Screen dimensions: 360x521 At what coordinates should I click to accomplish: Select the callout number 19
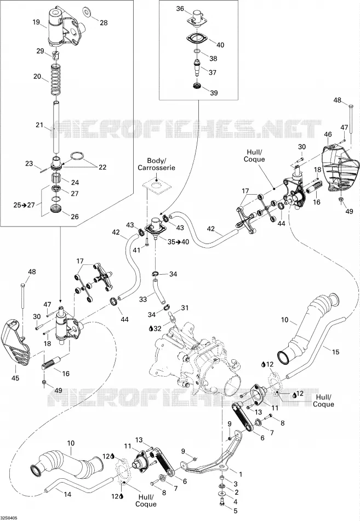36,22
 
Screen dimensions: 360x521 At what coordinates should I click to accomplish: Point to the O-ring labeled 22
77,156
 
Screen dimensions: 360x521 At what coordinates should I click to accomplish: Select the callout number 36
180,9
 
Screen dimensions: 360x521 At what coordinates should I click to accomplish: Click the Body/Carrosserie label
156,164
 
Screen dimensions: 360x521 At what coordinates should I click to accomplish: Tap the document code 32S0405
9,518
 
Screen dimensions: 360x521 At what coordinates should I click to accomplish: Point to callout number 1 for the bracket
241,474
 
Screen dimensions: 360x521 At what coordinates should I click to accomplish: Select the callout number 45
15,378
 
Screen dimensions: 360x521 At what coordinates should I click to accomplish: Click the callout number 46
328,134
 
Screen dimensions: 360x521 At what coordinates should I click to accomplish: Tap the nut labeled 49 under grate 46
341,200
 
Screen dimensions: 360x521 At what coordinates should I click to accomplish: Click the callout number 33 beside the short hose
143,299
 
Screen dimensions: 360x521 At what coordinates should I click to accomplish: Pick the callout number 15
335,352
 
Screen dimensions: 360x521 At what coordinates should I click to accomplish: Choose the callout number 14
67,495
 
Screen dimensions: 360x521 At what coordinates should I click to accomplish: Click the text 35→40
178,242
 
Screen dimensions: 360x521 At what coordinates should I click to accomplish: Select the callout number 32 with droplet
155,329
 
